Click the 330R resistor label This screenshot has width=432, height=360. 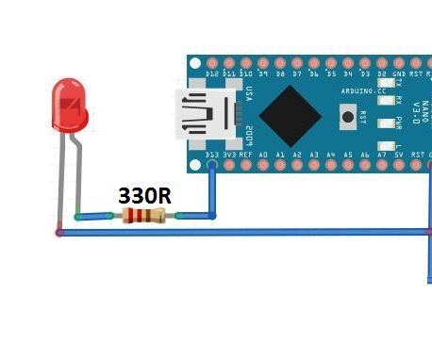click(x=143, y=196)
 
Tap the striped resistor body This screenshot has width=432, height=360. click(x=143, y=216)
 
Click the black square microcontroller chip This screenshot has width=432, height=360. click(x=290, y=116)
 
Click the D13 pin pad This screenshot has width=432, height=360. click(x=211, y=165)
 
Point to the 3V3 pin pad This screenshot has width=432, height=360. click(x=228, y=165)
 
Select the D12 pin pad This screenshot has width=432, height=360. click(x=211, y=61)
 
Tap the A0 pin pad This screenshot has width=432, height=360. click(x=263, y=165)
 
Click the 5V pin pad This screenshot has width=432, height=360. click(x=399, y=165)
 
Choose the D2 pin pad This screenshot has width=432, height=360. click(x=382, y=61)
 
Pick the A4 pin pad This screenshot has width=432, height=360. click(x=331, y=165)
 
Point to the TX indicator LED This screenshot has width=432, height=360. click(x=386, y=83)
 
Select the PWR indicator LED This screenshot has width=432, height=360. click(x=386, y=123)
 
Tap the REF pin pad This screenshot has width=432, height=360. click(x=246, y=165)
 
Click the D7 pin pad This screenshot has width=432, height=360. click(x=297, y=61)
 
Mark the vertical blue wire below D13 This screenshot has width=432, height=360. click(x=211, y=191)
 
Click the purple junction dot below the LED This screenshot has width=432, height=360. click(x=59, y=231)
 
